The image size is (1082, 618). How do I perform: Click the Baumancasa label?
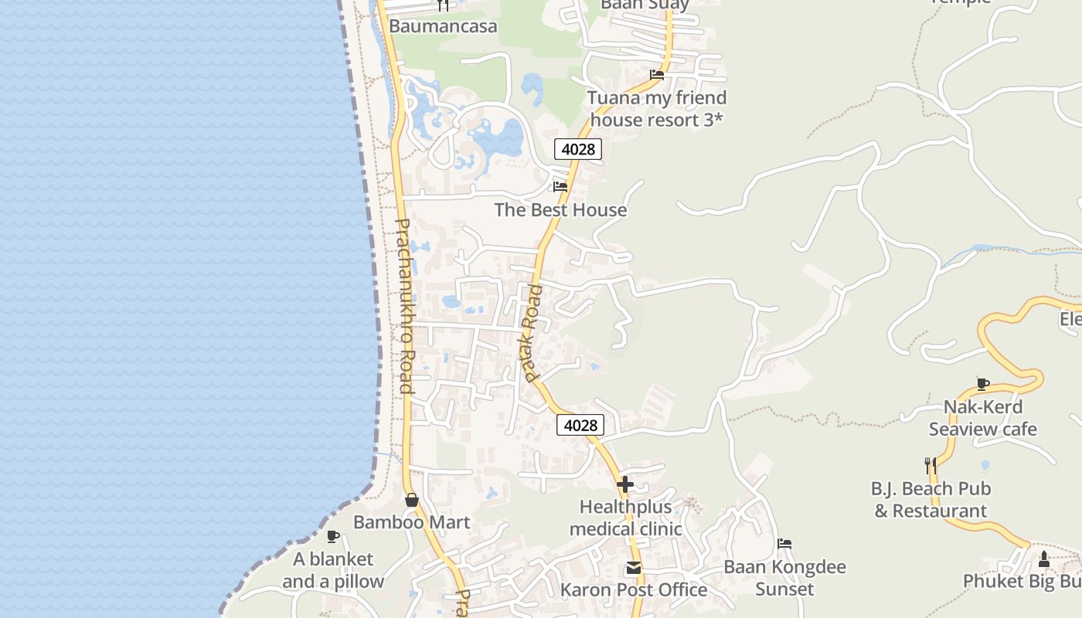tap(443, 26)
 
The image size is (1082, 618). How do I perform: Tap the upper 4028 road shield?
tap(577, 149)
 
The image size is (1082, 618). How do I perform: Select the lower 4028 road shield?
tap(580, 425)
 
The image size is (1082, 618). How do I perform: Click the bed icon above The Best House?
tap(560, 187)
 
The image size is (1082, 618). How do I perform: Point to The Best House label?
tap(560, 210)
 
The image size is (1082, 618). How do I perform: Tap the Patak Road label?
tap(531, 333)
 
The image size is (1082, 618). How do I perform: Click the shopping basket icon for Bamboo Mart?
tap(412, 500)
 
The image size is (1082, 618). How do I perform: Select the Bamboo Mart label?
tap(412, 522)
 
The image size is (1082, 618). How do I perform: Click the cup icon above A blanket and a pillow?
tap(333, 536)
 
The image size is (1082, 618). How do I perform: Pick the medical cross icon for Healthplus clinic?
tap(625, 485)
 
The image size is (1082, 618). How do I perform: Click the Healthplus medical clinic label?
tap(626, 518)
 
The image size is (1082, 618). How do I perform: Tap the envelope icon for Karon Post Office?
tap(634, 569)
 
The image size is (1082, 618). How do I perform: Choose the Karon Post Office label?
tap(634, 590)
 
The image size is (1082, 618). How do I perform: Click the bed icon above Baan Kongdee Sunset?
tap(784, 544)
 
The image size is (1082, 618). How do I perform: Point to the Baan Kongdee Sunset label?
tap(784, 578)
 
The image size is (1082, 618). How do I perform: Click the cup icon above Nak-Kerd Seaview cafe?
tap(983, 384)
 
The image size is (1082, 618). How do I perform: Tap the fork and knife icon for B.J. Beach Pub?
tap(931, 465)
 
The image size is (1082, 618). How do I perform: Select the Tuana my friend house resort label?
tap(657, 109)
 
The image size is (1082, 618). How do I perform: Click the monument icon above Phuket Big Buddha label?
tap(1044, 559)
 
